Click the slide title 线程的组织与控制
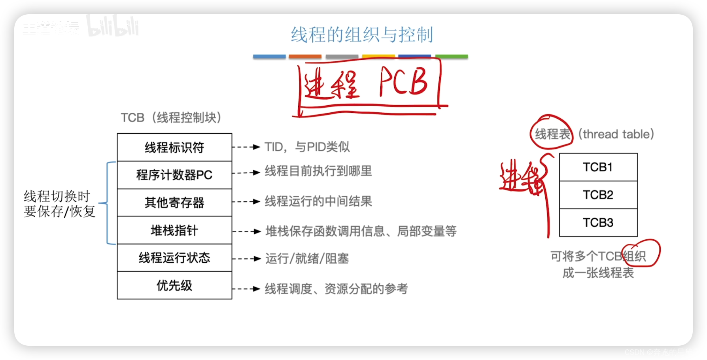coord(362,35)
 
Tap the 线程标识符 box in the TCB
coord(174,147)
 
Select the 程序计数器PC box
coord(174,175)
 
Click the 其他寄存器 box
coord(174,203)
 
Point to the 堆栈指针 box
coord(174,230)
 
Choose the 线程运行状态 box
coord(174,258)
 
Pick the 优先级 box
coord(174,285)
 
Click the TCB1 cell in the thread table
coord(598,167)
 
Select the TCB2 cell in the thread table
coord(598,195)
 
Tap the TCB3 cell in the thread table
coord(598,223)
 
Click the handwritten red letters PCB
coord(403,82)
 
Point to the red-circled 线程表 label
coord(552,134)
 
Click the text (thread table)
coord(616,134)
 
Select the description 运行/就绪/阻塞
coord(307,259)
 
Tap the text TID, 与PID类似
coord(307,147)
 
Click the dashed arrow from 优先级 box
coord(246,289)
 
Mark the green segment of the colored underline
coord(452,57)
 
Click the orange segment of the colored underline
coord(305,57)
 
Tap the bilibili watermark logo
coord(113,27)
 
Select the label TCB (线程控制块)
coord(171,117)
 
